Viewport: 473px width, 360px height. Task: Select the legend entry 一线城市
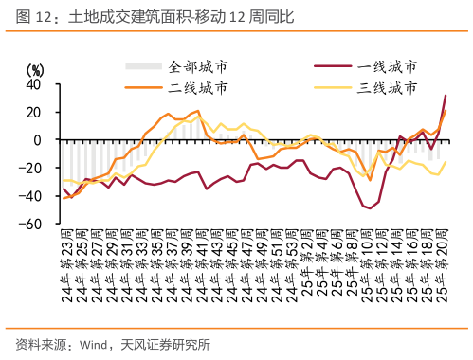(x=387, y=67)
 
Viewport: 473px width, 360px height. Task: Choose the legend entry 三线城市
(x=387, y=88)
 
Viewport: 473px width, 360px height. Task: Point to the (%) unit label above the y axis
(x=35, y=69)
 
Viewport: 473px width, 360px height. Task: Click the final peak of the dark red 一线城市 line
(x=446, y=96)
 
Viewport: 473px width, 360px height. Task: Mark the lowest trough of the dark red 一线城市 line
(x=368, y=207)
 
